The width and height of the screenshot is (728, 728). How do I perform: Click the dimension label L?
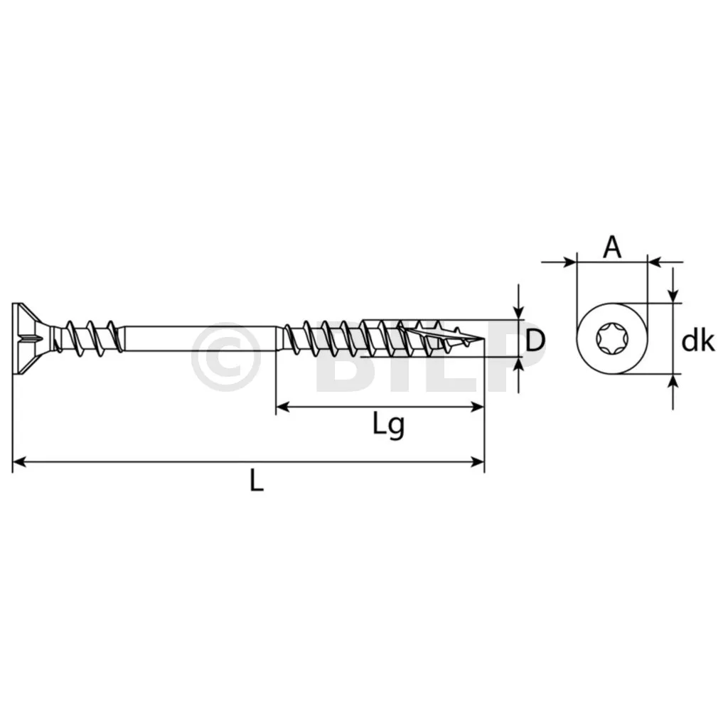click(x=257, y=480)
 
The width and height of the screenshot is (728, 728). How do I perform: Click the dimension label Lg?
click(x=389, y=425)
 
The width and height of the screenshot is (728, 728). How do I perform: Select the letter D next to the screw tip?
click(x=535, y=340)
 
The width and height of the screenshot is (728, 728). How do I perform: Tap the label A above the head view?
click(x=612, y=247)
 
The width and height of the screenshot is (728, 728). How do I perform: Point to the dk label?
click(x=697, y=341)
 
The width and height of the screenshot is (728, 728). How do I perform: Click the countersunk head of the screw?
click(x=30, y=338)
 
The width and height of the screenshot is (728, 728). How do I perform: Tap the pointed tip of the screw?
click(x=482, y=338)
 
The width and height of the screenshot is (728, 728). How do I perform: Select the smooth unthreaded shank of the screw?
click(x=200, y=338)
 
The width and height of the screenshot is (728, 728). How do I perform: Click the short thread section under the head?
click(x=88, y=337)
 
